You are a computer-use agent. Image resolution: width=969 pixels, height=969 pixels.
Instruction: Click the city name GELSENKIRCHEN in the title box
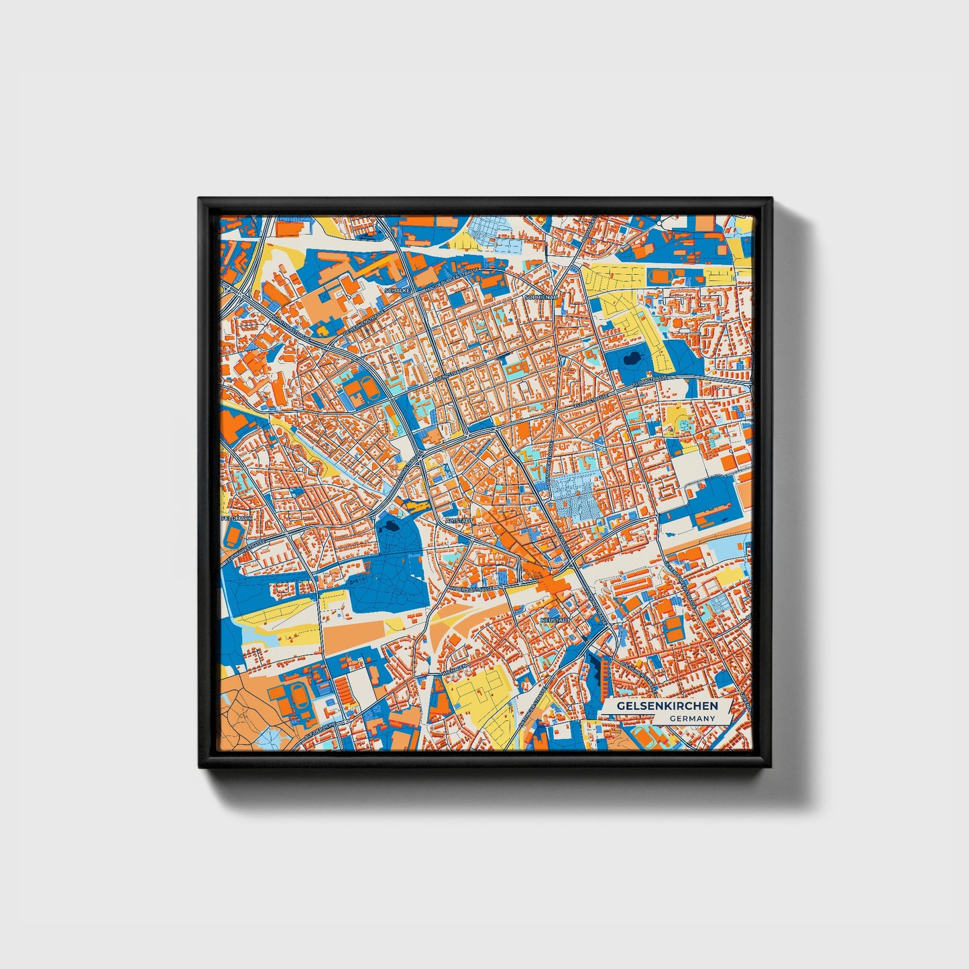(x=667, y=706)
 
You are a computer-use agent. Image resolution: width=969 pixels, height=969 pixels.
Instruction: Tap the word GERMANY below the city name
(x=692, y=718)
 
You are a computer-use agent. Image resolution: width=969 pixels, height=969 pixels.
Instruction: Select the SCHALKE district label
(x=397, y=291)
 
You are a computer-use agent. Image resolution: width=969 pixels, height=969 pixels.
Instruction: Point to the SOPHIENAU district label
(x=541, y=296)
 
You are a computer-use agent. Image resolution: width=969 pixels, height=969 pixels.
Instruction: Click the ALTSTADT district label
(x=459, y=520)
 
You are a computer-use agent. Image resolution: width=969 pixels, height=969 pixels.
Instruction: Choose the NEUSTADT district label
(x=555, y=621)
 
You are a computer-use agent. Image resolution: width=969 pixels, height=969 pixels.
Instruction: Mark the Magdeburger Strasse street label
(x=453, y=282)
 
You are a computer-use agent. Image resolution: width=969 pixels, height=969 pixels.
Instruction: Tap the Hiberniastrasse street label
(x=472, y=587)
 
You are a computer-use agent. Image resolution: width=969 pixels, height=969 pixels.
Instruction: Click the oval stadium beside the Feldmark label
(x=233, y=535)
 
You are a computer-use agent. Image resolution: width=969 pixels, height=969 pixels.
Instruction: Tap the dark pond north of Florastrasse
(x=632, y=360)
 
